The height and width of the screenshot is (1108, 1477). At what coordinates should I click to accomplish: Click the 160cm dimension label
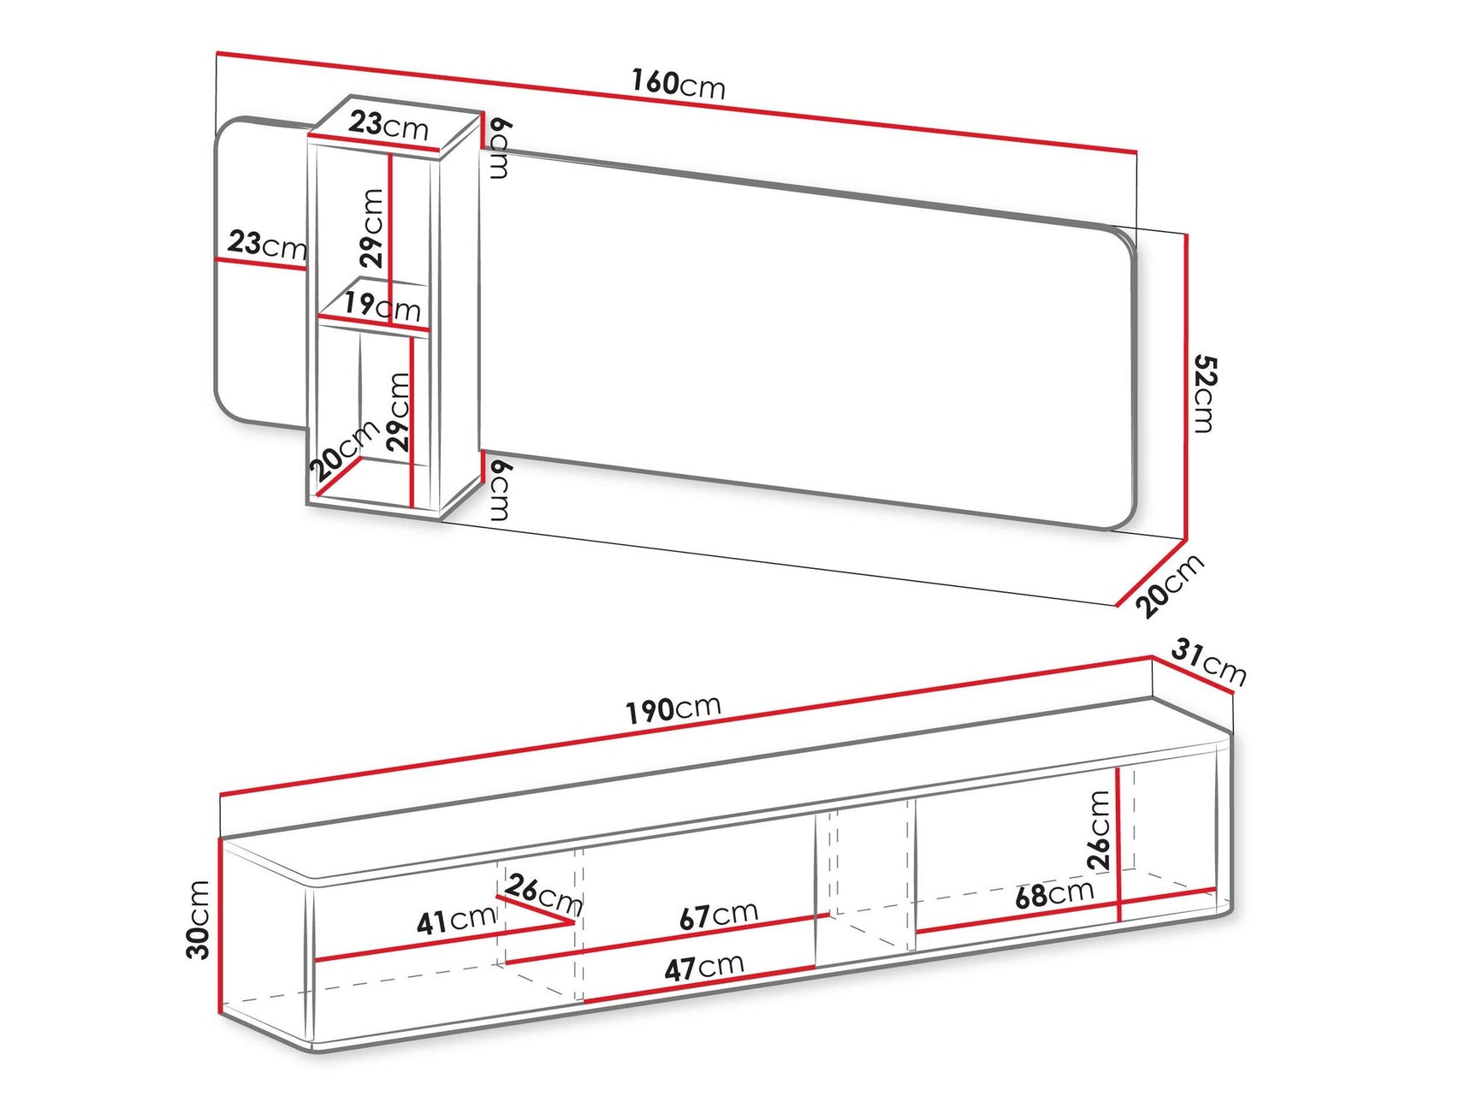point(678,84)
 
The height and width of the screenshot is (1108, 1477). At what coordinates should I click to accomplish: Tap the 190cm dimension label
point(673,709)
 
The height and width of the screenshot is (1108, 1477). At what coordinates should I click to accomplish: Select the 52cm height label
point(1204,394)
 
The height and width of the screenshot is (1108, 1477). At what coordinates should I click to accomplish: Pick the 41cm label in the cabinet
point(456,920)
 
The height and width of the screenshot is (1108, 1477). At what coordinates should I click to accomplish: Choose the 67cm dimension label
point(718,915)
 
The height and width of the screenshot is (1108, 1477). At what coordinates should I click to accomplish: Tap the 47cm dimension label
point(703,968)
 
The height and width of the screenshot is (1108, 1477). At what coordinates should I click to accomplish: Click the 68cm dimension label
point(1053,894)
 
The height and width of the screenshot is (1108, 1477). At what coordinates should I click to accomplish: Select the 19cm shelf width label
point(382,305)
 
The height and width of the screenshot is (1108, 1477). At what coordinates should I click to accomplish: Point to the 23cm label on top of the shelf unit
point(388,125)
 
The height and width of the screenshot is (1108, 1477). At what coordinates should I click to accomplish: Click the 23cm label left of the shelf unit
point(266,245)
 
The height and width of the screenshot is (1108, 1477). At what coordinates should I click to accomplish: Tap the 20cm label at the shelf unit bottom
point(344,450)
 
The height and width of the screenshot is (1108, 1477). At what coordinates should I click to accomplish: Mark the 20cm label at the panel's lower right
point(1170,586)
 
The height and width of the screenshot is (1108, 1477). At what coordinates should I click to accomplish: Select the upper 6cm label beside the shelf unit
point(500,148)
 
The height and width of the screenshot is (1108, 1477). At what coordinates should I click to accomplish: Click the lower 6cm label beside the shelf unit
point(500,489)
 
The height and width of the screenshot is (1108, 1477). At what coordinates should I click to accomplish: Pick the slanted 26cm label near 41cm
point(543,893)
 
